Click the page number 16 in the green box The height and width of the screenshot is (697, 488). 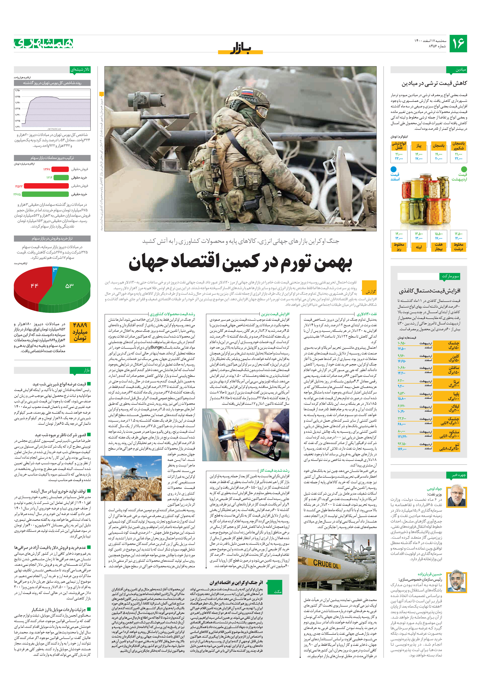pos(458,43)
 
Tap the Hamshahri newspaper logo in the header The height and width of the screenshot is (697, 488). pos(43,44)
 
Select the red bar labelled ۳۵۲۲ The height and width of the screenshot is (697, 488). pos(46,186)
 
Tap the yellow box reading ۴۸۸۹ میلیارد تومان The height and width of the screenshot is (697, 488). pos(80,332)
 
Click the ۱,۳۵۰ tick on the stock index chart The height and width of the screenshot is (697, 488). pos(18,90)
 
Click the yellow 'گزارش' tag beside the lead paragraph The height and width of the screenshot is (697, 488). pos(370,291)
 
